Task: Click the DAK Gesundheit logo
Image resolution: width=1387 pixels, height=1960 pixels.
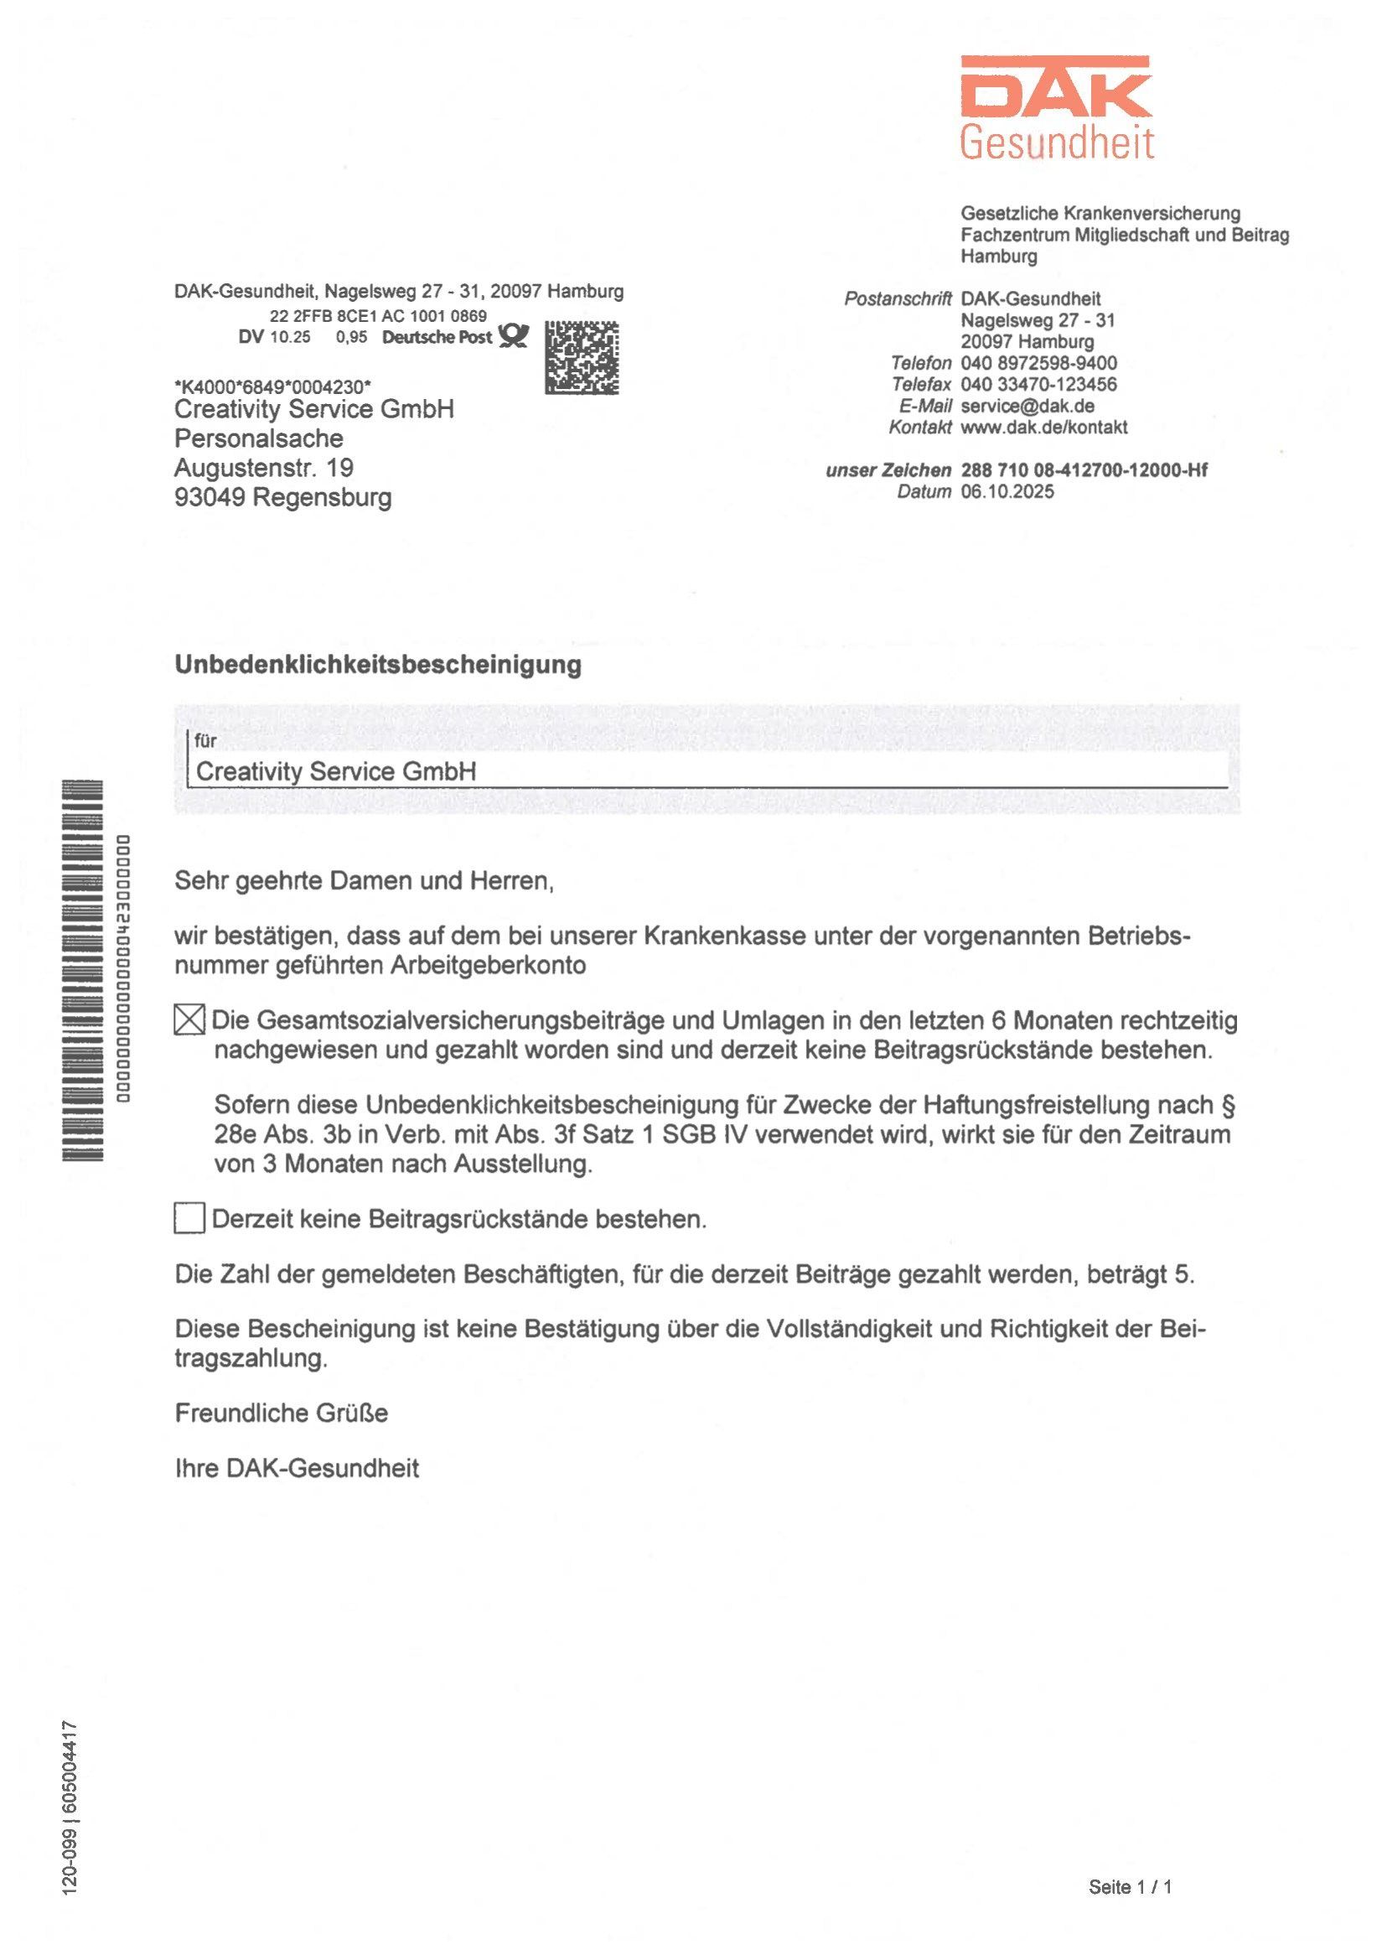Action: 1057,107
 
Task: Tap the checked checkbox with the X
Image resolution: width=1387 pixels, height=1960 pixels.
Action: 189,1019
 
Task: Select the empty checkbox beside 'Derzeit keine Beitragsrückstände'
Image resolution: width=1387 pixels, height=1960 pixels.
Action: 189,1217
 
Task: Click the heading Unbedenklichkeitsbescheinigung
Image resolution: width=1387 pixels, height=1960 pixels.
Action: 377,665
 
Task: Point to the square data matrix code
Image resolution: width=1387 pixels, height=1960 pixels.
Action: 582,357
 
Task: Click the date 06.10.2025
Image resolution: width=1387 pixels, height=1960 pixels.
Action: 1007,491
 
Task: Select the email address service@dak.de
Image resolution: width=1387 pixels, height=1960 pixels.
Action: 1027,406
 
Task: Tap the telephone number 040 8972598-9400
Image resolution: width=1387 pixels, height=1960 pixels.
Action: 1038,363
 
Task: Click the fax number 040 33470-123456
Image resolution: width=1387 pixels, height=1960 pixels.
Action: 1038,385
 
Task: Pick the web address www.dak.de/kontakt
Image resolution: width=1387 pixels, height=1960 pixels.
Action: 1043,428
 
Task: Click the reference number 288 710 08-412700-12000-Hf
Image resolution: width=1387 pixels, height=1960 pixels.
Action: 1084,470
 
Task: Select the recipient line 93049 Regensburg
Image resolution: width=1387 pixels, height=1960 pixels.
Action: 282,497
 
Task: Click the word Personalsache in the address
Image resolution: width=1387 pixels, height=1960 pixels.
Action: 259,438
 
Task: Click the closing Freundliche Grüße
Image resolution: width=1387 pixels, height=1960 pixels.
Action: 281,1413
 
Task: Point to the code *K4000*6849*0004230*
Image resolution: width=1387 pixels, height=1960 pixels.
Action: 272,387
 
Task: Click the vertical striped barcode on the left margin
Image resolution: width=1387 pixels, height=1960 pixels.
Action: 83,971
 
